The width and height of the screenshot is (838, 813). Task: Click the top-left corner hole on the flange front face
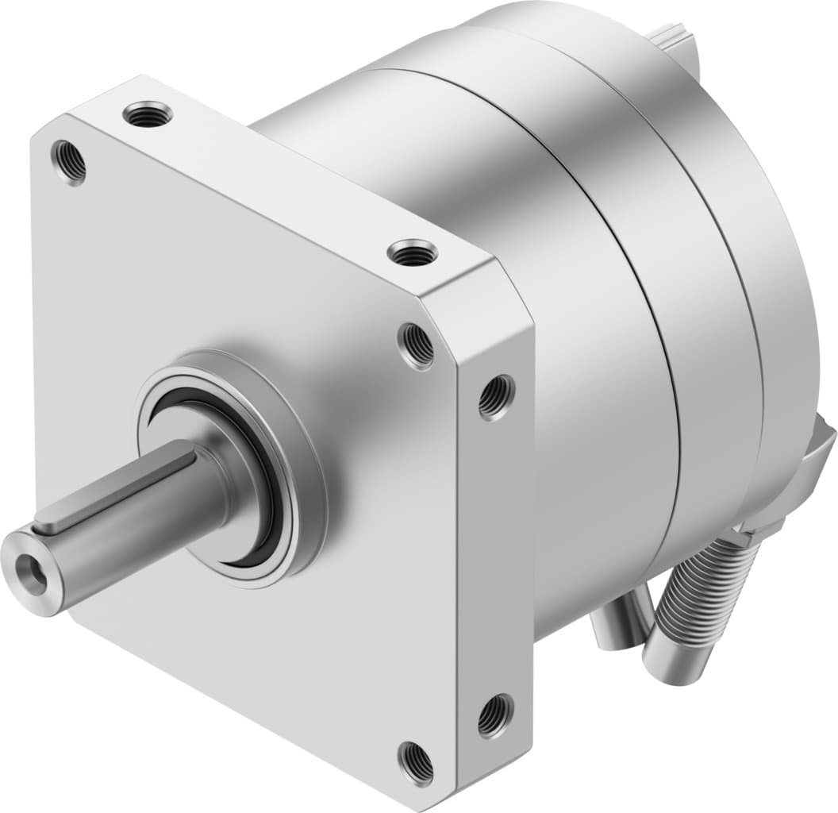[69, 161]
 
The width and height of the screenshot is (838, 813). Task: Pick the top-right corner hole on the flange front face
[416, 345]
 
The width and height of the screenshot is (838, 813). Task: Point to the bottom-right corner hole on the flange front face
[415, 762]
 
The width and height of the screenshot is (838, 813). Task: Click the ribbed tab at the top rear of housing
[675, 36]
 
